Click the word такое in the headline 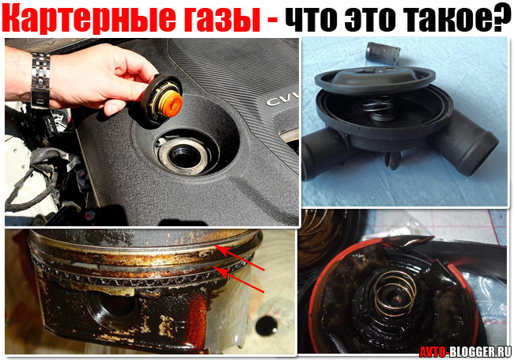440,19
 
